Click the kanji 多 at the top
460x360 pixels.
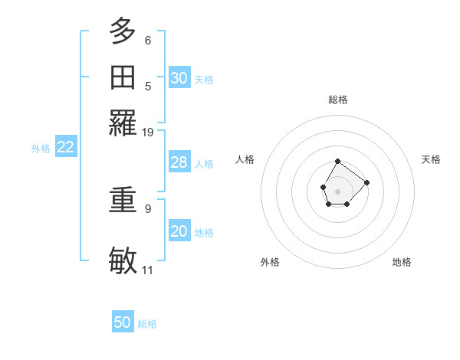[123, 31]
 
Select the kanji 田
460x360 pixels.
[123, 77]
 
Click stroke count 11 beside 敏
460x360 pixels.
[147, 270]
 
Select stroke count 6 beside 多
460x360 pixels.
[147, 40]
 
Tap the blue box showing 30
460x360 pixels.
[179, 77]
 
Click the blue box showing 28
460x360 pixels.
[179, 162]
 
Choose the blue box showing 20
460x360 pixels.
[179, 231]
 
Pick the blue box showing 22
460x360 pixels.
[65, 147]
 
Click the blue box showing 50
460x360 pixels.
[123, 322]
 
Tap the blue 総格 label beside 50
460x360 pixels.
[147, 324]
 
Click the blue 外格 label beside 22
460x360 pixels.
[40, 149]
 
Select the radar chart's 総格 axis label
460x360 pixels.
[337, 100]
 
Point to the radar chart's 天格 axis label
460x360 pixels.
[431, 159]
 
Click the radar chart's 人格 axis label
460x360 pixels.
[245, 159]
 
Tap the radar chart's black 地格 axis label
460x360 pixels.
[402, 262]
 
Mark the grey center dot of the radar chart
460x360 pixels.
[337, 190]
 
